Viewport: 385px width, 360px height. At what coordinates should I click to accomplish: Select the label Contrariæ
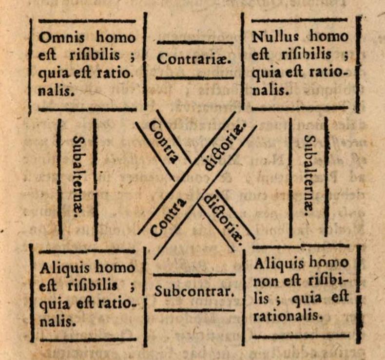pos(194,59)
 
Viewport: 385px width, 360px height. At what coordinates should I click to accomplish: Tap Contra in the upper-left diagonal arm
pos(163,141)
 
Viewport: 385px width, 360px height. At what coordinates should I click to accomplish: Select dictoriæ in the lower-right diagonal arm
pos(222,218)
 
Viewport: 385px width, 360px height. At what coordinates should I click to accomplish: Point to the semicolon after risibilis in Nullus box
pos(346,55)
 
